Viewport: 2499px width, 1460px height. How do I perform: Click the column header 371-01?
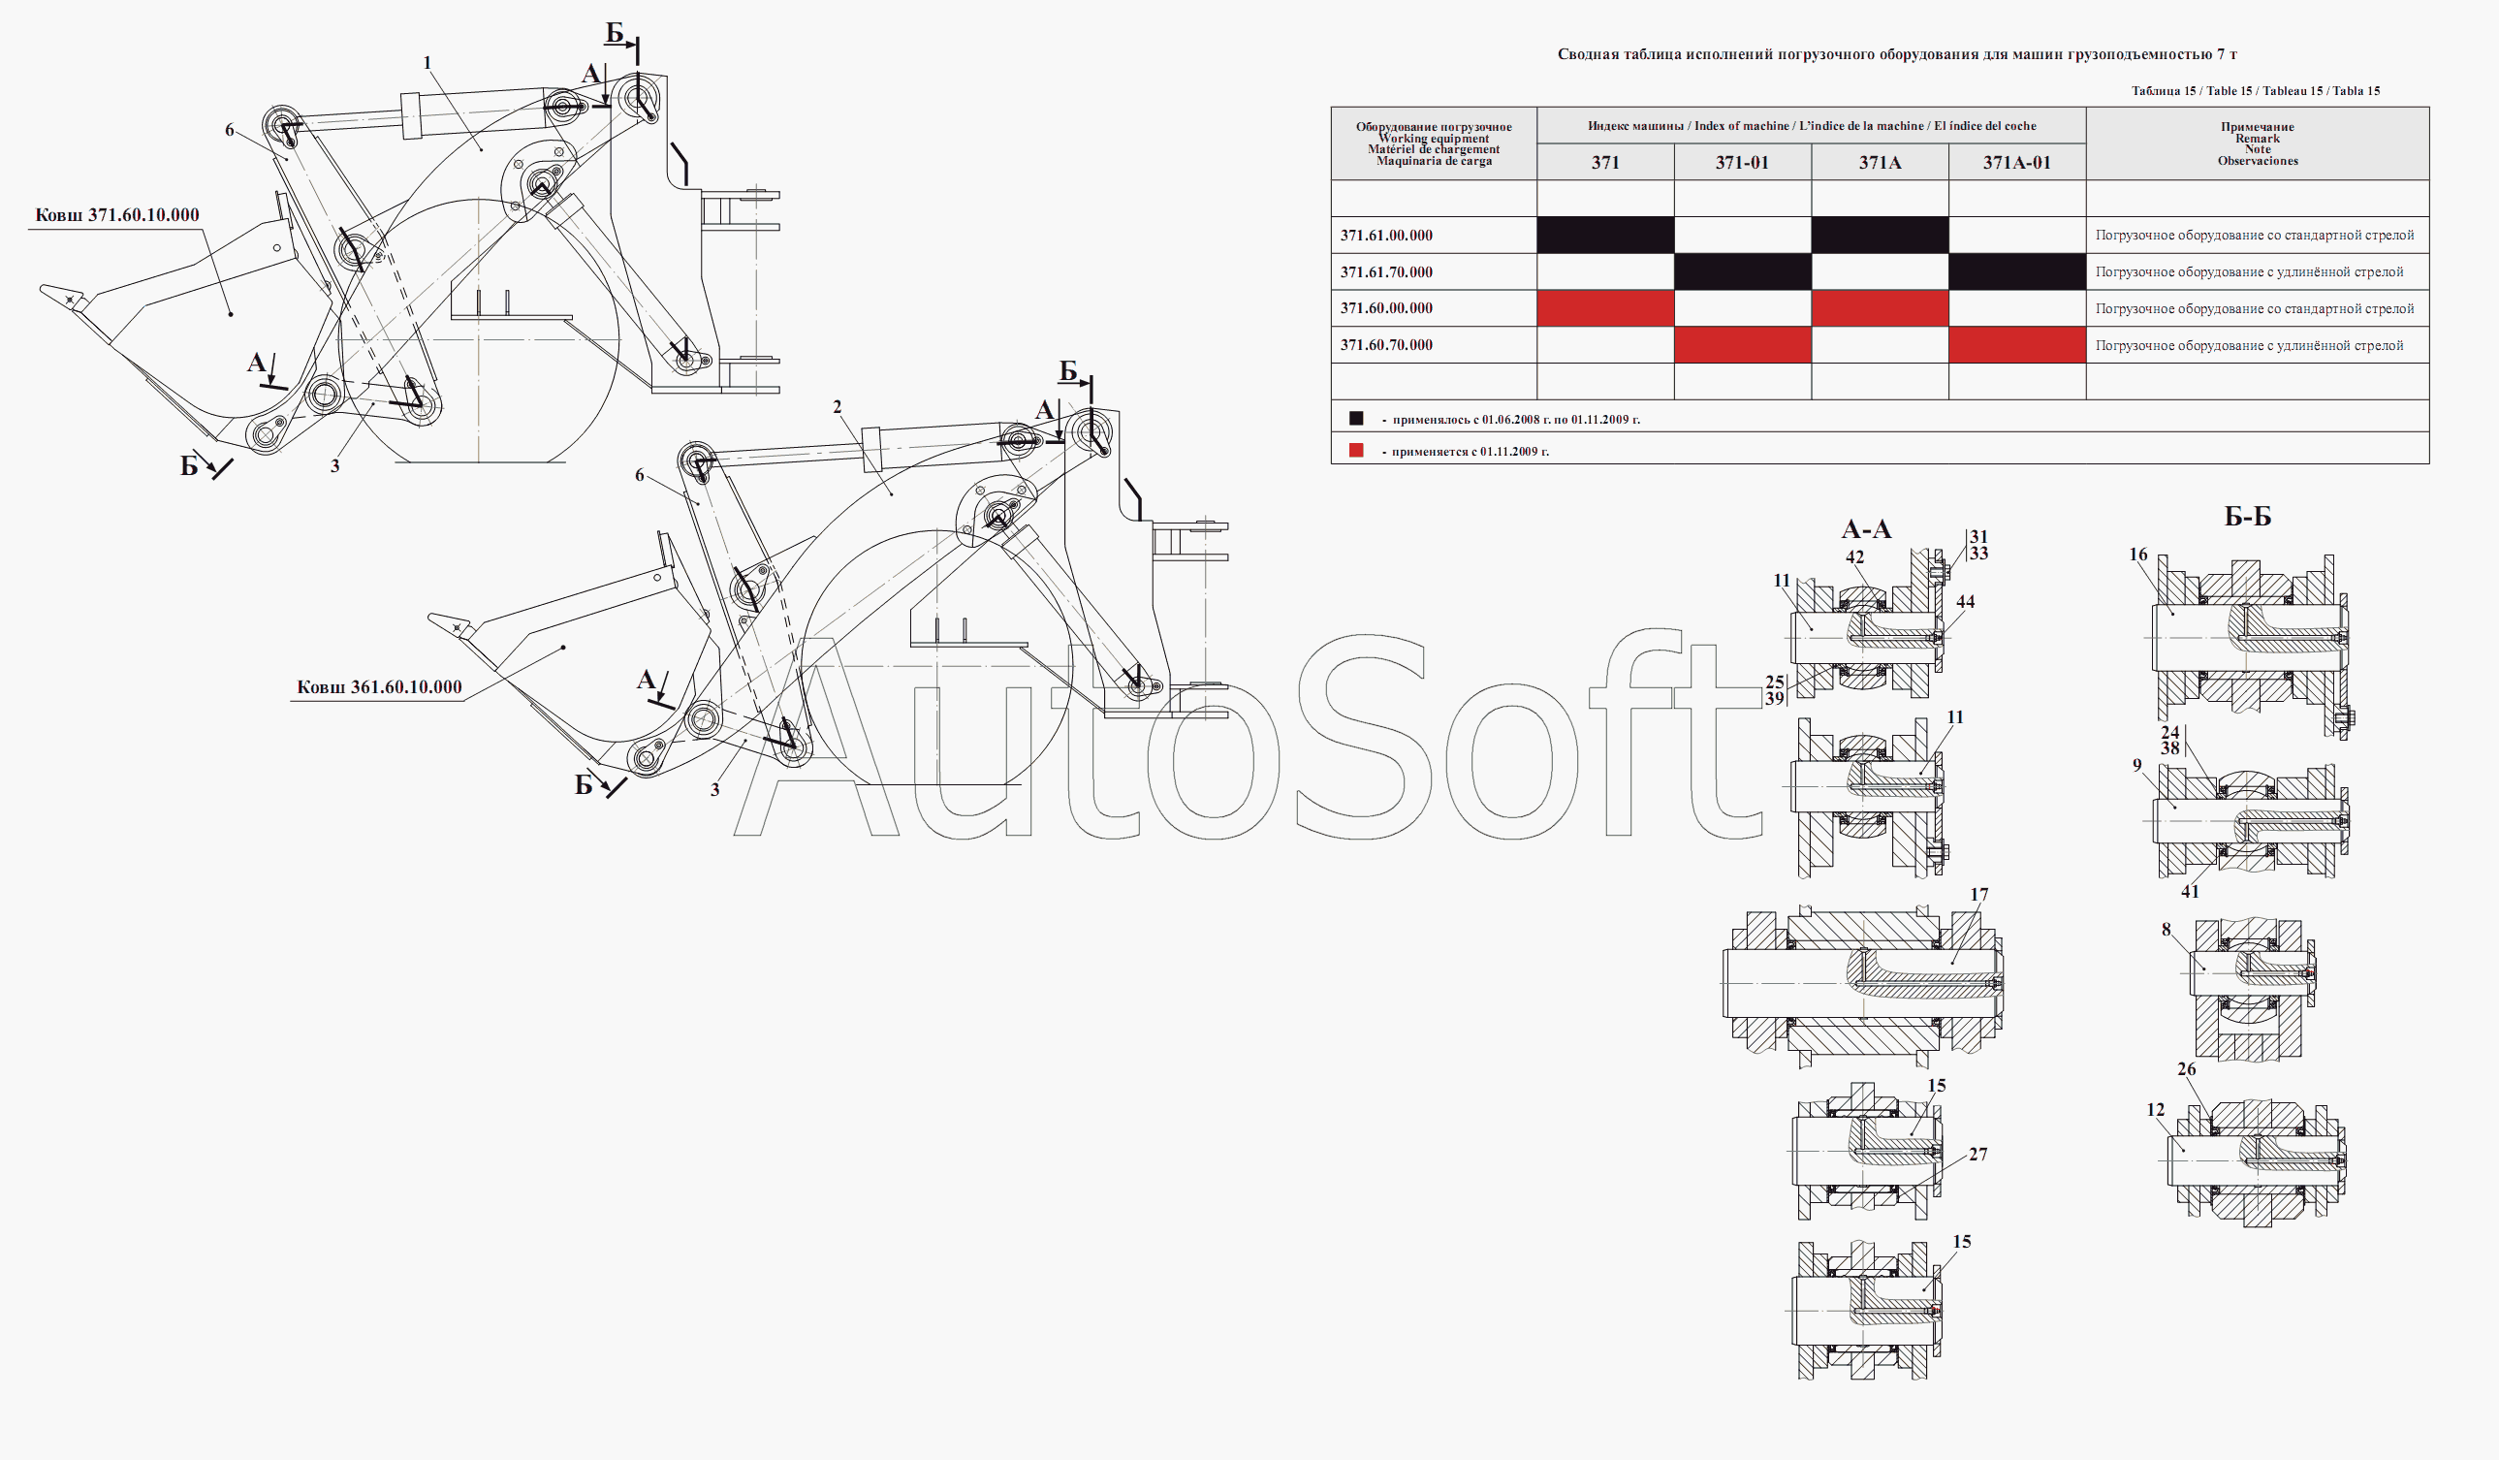point(1742,163)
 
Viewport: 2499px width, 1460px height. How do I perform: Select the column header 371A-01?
point(2017,163)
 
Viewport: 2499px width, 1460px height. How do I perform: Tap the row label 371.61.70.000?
point(1386,271)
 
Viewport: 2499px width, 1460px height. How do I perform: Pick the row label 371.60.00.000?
point(1386,308)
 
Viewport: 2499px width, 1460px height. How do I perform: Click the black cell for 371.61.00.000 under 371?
point(1605,235)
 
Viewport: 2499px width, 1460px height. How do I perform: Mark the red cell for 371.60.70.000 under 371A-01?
point(2017,345)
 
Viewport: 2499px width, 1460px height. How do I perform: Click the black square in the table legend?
point(1356,419)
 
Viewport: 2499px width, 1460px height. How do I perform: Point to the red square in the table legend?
point(1356,450)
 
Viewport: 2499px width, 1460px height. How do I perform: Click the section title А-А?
point(1866,529)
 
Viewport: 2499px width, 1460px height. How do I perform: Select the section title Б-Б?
point(2248,517)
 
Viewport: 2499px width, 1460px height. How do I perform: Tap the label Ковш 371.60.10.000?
point(117,215)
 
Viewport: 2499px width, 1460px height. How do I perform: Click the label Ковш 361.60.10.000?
point(380,687)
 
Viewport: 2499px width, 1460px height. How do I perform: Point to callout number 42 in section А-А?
point(1854,557)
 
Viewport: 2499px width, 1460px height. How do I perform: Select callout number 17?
point(1979,895)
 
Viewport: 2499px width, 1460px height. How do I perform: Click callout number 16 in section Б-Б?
point(2138,555)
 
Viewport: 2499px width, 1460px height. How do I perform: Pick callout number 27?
point(1978,1155)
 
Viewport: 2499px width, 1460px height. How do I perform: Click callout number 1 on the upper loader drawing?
point(427,63)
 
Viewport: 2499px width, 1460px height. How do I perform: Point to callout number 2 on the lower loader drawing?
point(837,406)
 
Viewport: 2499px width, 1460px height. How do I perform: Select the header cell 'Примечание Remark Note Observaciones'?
point(2258,143)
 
